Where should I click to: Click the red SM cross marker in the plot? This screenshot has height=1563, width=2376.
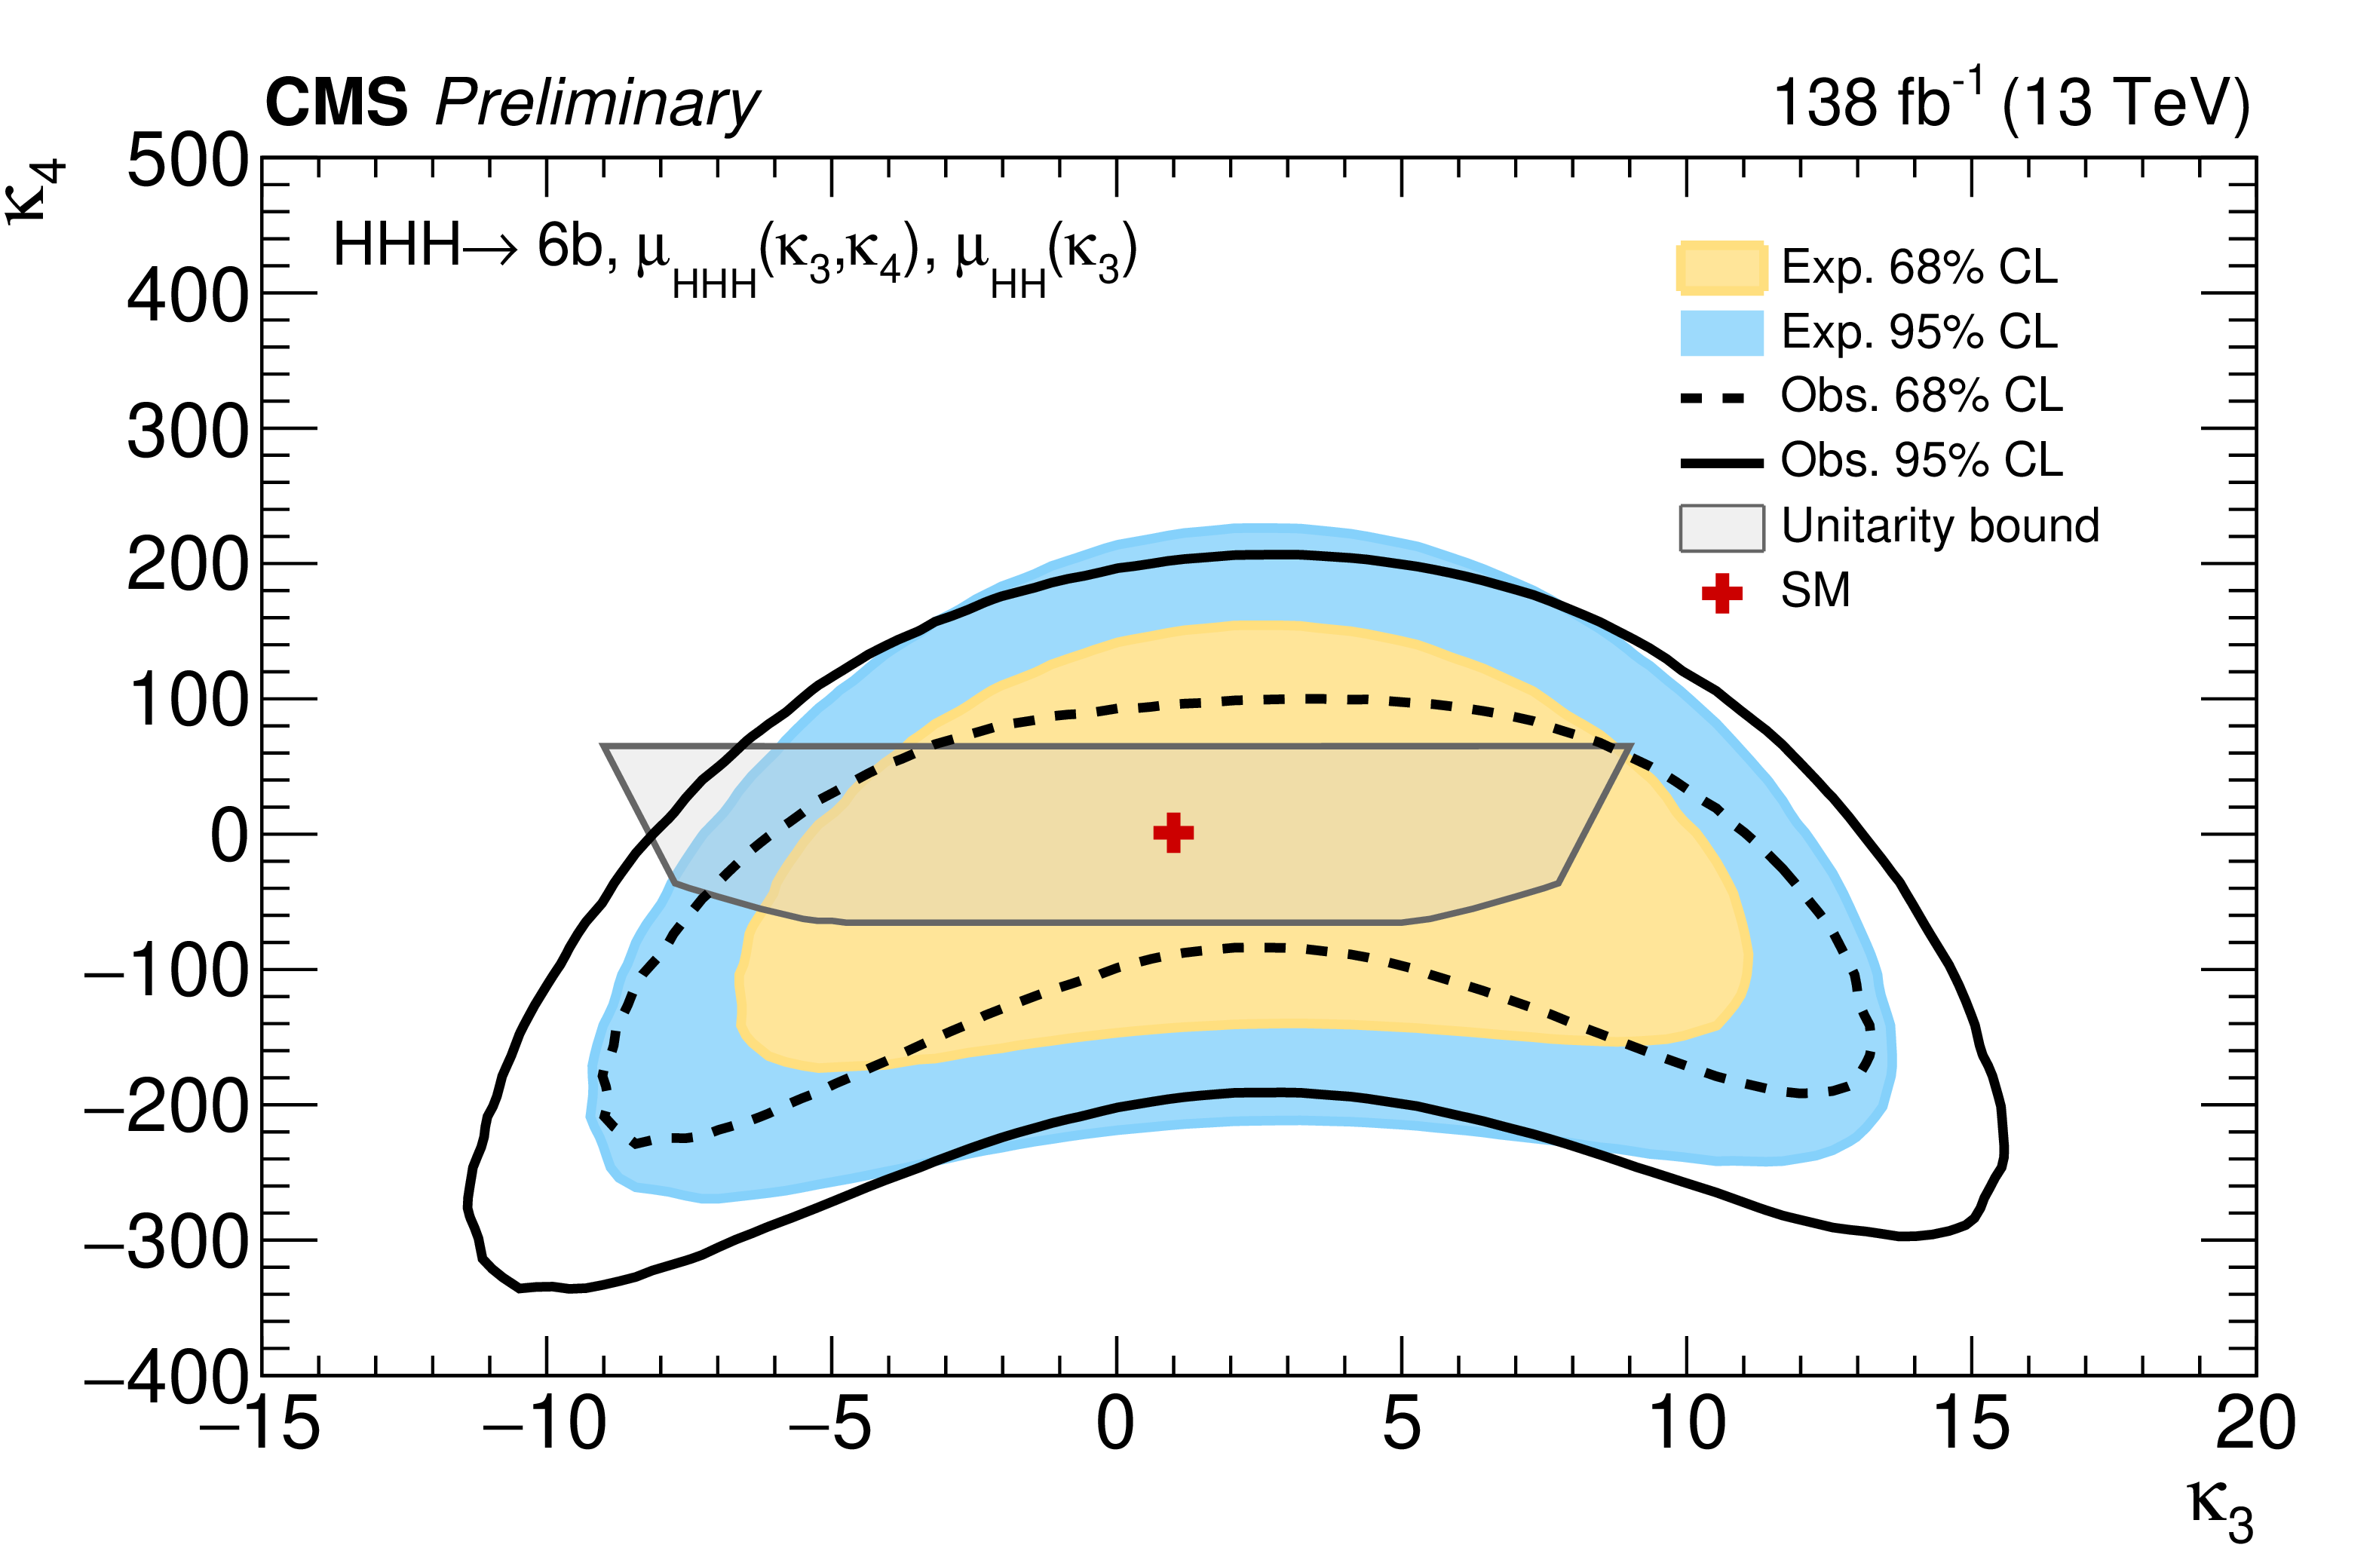(1173, 832)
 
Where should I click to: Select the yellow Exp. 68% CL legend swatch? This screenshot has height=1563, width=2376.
(1721, 268)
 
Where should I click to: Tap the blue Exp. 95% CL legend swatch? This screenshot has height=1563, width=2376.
(1721, 333)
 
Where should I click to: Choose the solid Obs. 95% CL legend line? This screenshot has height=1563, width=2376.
(1721, 462)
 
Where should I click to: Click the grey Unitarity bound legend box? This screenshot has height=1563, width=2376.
(1721, 527)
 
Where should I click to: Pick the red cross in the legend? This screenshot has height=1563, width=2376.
(1721, 592)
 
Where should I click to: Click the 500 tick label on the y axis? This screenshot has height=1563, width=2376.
(188, 161)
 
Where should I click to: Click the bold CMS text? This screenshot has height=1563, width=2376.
(336, 102)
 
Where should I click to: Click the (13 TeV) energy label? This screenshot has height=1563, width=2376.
(2126, 102)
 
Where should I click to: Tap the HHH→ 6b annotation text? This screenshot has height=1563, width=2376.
(469, 246)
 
